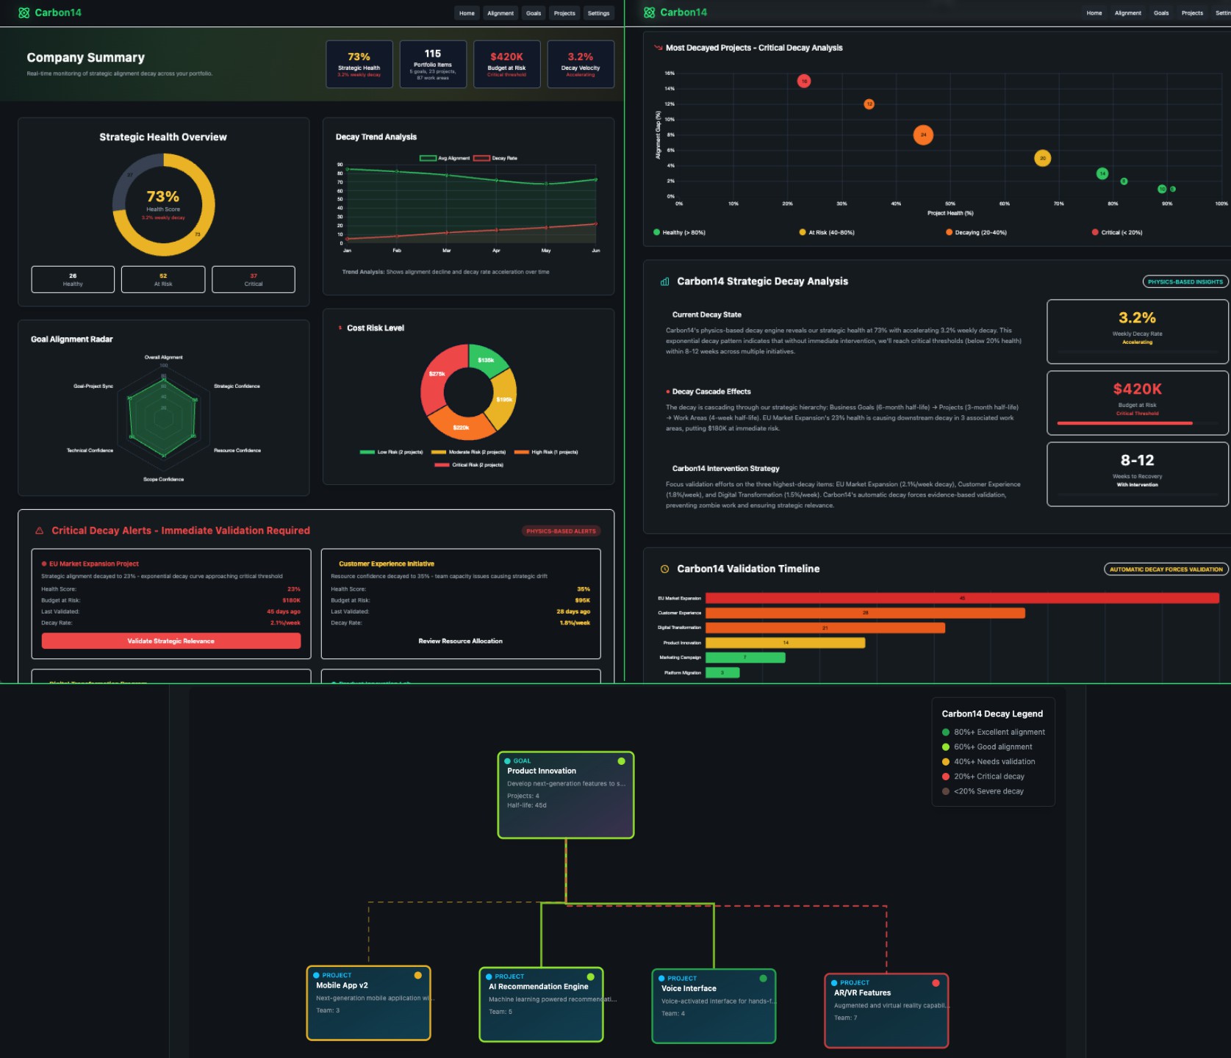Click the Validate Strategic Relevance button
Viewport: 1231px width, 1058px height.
coord(171,641)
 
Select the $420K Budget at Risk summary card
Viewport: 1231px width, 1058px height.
coord(506,64)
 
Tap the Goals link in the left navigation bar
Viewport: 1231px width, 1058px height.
coord(534,13)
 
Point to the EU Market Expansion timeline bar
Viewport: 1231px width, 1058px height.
coord(961,598)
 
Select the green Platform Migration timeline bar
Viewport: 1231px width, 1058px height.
coord(722,672)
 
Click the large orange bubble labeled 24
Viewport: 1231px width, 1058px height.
coord(923,135)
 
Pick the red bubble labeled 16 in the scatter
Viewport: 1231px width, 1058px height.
coord(804,81)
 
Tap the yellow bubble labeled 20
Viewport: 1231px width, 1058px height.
coord(1042,158)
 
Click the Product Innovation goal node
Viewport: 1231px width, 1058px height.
coord(565,794)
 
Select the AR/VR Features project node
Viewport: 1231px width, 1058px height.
coord(886,1010)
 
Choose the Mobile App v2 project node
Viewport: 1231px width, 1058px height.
coord(368,1003)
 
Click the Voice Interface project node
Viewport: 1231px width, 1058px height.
coord(713,1006)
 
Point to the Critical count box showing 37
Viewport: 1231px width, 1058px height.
coord(253,279)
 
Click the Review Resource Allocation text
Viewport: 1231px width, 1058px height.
coord(460,641)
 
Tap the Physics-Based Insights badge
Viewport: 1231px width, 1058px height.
coord(1185,281)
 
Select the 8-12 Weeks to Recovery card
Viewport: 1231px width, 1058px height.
coord(1137,474)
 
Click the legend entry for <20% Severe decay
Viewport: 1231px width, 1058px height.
coord(988,791)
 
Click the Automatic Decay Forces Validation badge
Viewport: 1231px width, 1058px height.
coord(1166,569)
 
